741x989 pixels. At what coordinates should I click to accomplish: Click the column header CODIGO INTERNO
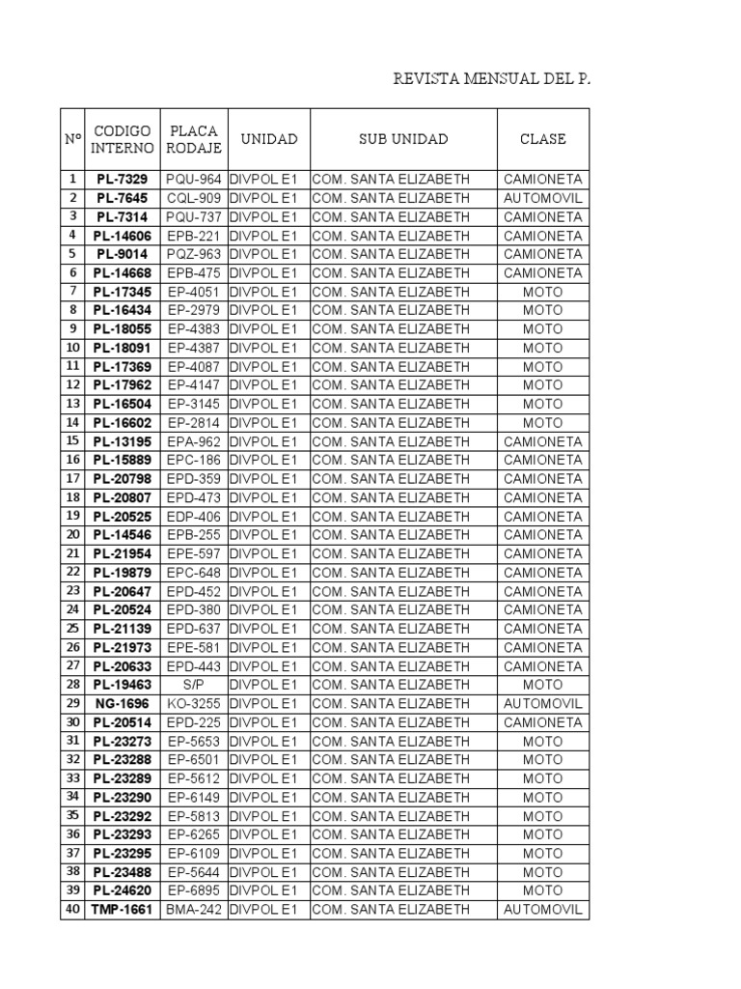pos(122,139)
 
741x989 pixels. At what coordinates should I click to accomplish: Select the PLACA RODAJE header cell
pos(194,139)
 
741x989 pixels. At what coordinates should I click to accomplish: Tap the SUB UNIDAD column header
pos(403,139)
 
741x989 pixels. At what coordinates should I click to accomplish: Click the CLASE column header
pos(542,139)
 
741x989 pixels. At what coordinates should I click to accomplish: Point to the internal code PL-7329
pos(122,180)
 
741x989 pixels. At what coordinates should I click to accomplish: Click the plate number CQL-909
pos(194,198)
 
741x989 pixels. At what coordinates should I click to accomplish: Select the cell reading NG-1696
pos(122,704)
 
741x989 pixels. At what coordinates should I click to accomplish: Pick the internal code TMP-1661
pos(122,910)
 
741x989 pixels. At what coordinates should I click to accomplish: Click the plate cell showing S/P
pos(194,685)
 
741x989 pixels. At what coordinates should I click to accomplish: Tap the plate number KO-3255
pos(194,704)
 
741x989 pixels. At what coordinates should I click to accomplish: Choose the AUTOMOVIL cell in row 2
pos(542,198)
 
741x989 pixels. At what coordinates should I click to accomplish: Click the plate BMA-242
pos(194,910)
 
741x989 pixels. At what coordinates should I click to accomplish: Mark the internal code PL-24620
pos(122,890)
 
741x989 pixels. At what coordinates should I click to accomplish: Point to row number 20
pos(72,535)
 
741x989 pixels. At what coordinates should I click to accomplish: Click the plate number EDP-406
pos(194,517)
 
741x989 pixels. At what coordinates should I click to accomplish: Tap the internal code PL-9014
pos(122,254)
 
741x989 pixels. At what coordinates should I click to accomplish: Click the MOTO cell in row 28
pos(542,685)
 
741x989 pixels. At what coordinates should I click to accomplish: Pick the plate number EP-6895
pos(194,890)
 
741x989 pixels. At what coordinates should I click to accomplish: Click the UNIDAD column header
pos(268,139)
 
